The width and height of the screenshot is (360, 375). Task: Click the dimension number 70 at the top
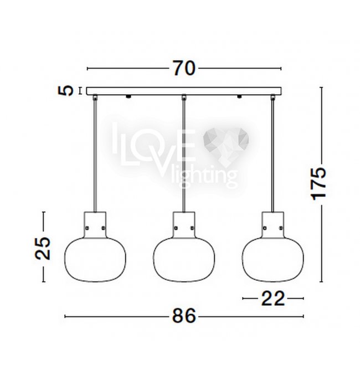tap(184, 68)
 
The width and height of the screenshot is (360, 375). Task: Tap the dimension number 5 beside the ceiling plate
tap(65, 90)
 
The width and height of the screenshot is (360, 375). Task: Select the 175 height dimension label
tap(318, 184)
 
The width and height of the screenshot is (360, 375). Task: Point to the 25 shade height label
tap(43, 248)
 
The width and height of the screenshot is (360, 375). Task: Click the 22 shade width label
tap(273, 299)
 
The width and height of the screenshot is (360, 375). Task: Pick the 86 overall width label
tap(184, 316)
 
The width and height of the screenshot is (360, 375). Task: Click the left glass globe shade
tap(95, 259)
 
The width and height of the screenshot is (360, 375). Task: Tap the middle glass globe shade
tap(184, 259)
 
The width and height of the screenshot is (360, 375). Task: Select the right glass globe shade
tap(272, 259)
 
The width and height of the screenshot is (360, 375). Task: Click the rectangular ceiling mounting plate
tap(184, 91)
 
